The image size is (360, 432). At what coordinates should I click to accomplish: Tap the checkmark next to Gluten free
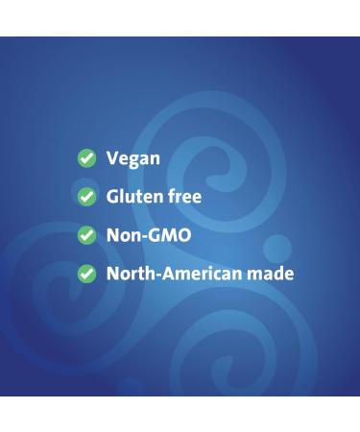(x=87, y=197)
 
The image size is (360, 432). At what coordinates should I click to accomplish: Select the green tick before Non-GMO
(x=87, y=235)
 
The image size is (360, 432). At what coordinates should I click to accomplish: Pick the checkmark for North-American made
(x=87, y=274)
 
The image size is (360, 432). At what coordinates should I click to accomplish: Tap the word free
(x=185, y=197)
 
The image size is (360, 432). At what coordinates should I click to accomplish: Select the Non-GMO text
(x=149, y=235)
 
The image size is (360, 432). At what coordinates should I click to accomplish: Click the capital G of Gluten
(x=113, y=197)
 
